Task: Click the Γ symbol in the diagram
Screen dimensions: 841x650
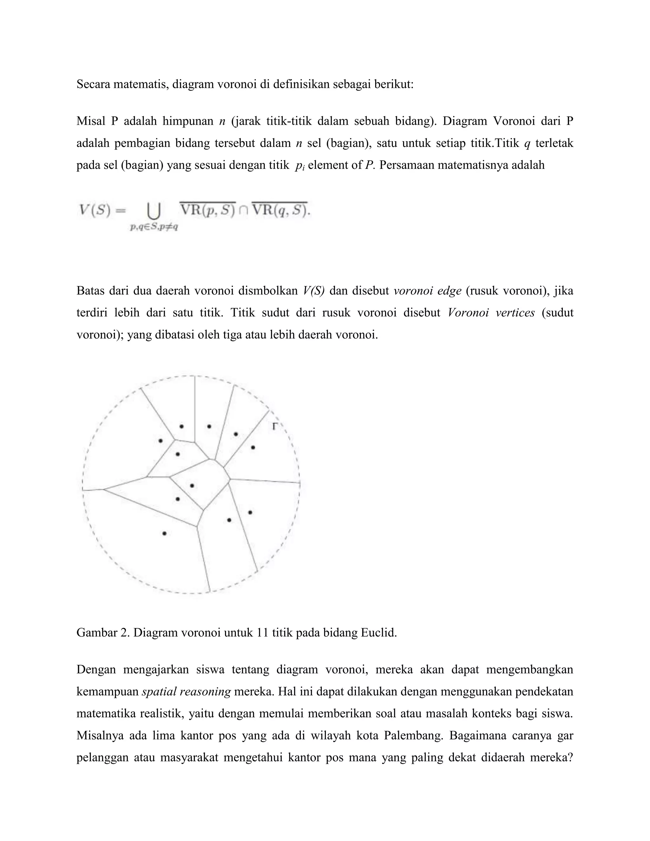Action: pos(275,426)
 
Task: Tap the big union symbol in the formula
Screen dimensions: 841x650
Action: pos(154,211)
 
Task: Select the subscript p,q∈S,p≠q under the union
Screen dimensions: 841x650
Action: pos(154,227)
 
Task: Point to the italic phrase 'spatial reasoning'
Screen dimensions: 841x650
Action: pos(186,692)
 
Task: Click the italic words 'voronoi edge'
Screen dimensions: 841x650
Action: pos(427,291)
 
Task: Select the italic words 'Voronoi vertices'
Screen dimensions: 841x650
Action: pos(491,313)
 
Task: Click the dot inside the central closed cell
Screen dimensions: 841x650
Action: pos(192,486)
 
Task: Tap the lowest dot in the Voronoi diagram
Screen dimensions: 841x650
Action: pos(164,533)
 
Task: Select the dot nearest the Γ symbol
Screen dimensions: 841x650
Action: pos(253,447)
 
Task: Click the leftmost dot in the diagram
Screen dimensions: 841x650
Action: pos(161,440)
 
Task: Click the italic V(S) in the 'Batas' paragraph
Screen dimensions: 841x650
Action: pos(314,291)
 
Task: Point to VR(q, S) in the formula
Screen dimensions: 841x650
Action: pos(280,210)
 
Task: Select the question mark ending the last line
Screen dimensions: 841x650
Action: pos(570,758)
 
